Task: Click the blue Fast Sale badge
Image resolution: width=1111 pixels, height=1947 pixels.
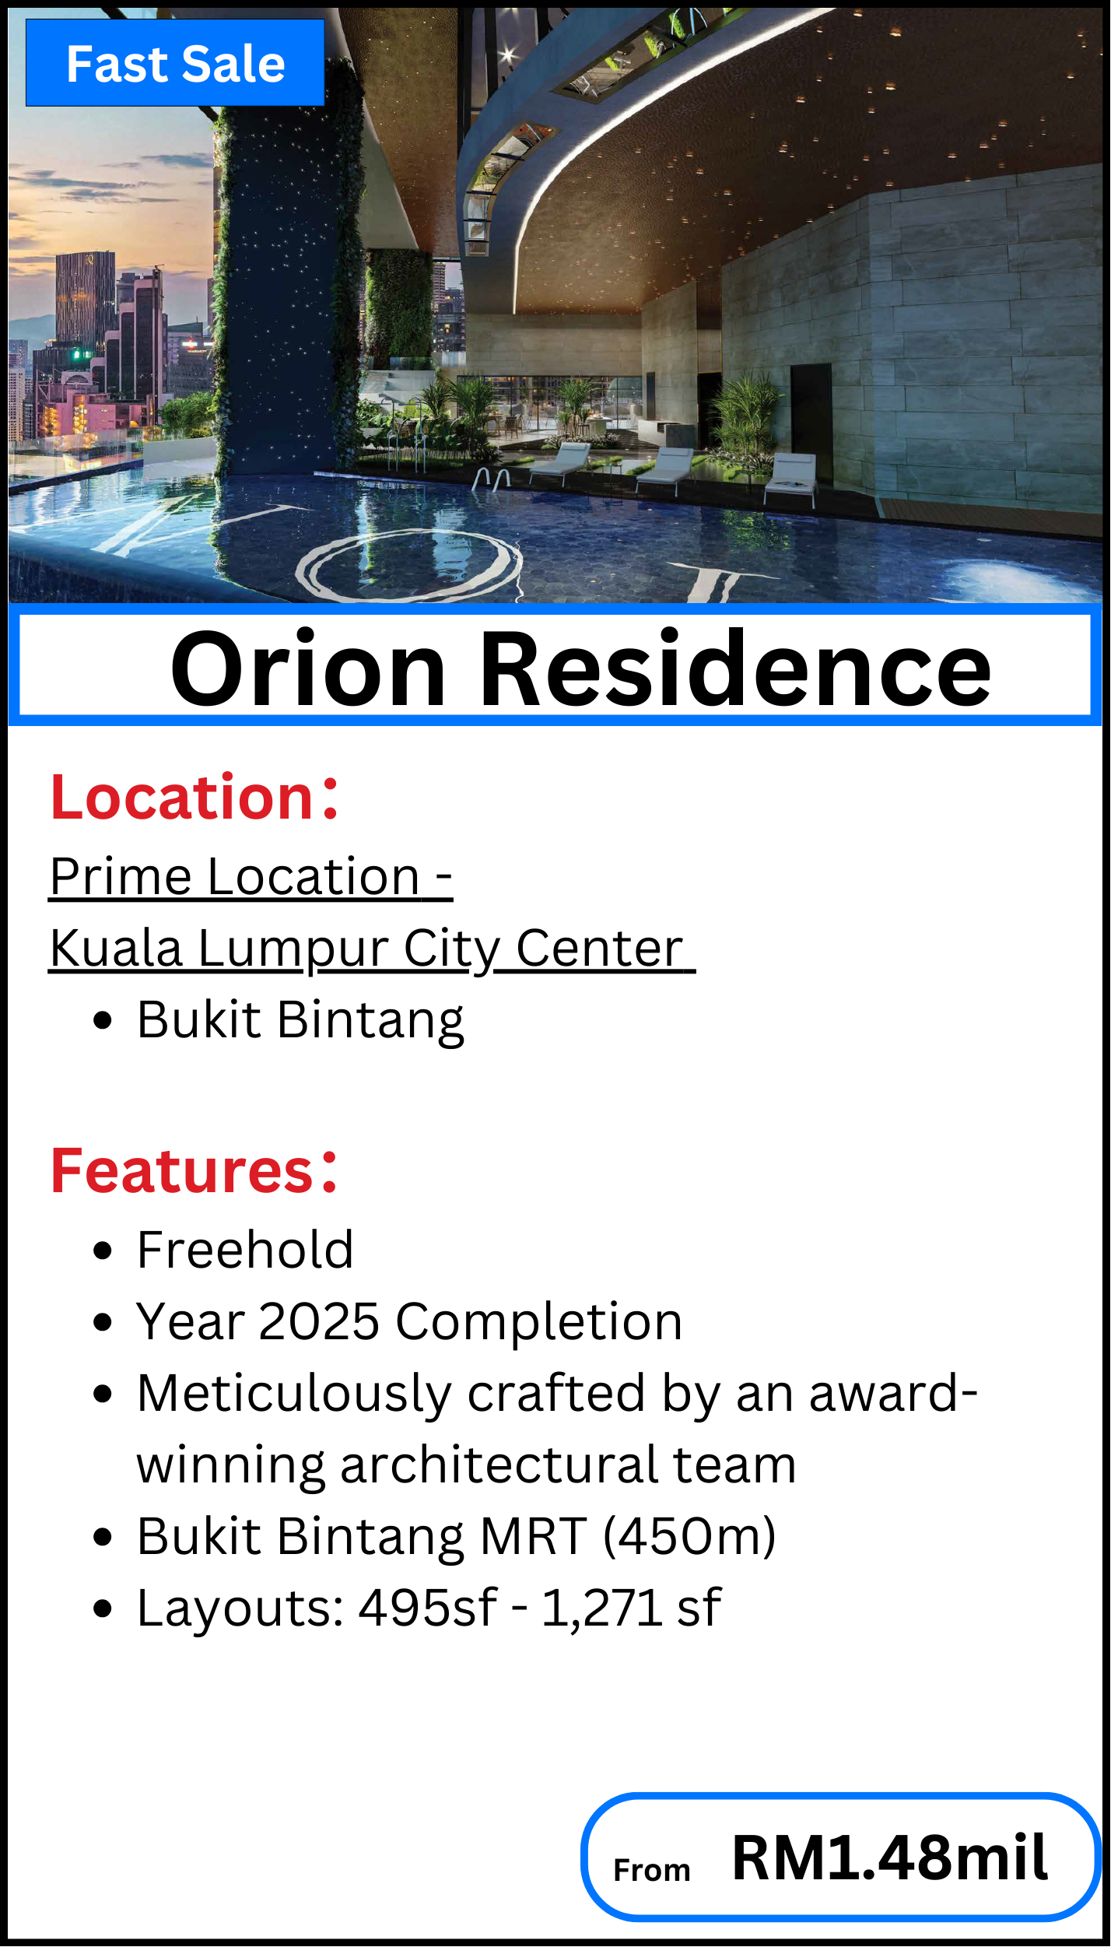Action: coord(175,63)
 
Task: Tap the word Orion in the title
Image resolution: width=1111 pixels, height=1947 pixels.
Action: coord(308,669)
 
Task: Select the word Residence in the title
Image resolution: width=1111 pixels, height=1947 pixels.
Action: coord(736,669)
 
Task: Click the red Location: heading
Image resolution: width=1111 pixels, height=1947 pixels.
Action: coord(195,797)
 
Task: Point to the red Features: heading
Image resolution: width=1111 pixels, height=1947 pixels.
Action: coord(195,1170)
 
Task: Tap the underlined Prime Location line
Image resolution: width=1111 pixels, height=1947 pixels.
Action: coord(251,877)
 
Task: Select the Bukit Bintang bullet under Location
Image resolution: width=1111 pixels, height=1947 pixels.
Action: coord(300,1020)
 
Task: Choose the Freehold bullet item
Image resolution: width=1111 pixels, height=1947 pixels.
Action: coord(245,1250)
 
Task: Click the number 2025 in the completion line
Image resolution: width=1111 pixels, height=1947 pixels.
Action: coord(319,1321)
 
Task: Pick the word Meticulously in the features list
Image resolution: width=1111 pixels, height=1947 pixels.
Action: coord(294,1394)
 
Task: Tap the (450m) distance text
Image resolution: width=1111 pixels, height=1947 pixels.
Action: coord(690,1537)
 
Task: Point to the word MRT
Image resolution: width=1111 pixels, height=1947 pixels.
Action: coord(534,1536)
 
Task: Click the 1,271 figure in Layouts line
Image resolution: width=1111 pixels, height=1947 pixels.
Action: coord(601,1608)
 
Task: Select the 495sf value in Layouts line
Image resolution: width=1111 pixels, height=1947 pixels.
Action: coord(427,1608)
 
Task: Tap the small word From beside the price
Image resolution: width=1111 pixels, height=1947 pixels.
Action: coord(652,1870)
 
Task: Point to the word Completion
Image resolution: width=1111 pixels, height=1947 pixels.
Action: coord(538,1323)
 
